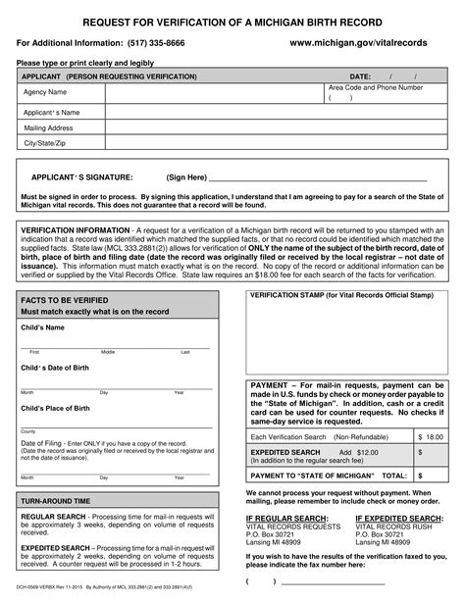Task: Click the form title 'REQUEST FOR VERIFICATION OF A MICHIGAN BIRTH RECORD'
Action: (x=232, y=21)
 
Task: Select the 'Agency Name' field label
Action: (x=45, y=92)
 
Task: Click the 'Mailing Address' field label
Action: (x=50, y=127)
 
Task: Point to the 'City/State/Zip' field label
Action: (x=46, y=144)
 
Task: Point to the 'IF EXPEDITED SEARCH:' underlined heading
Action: (x=397, y=516)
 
